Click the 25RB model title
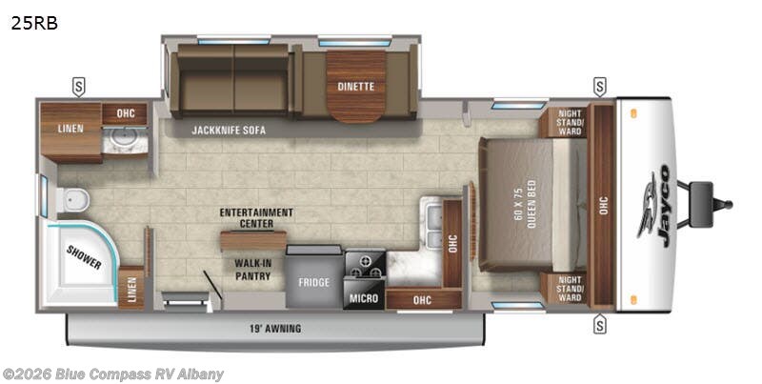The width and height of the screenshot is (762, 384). coord(34,24)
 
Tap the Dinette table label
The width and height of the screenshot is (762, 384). coord(356,87)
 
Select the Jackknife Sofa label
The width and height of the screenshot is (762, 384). coord(228,130)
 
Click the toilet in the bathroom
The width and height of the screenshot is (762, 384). coord(73,200)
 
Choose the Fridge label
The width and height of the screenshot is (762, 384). coord(313,282)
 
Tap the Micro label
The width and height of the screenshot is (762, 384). coord(363,298)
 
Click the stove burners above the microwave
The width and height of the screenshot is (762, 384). coord(363,263)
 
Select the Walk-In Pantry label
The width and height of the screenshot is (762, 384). coord(246,269)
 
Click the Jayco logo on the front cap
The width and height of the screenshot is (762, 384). coord(658,204)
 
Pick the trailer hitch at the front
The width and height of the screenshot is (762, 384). coord(714,204)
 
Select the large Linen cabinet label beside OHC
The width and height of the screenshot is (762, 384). coord(70,129)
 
